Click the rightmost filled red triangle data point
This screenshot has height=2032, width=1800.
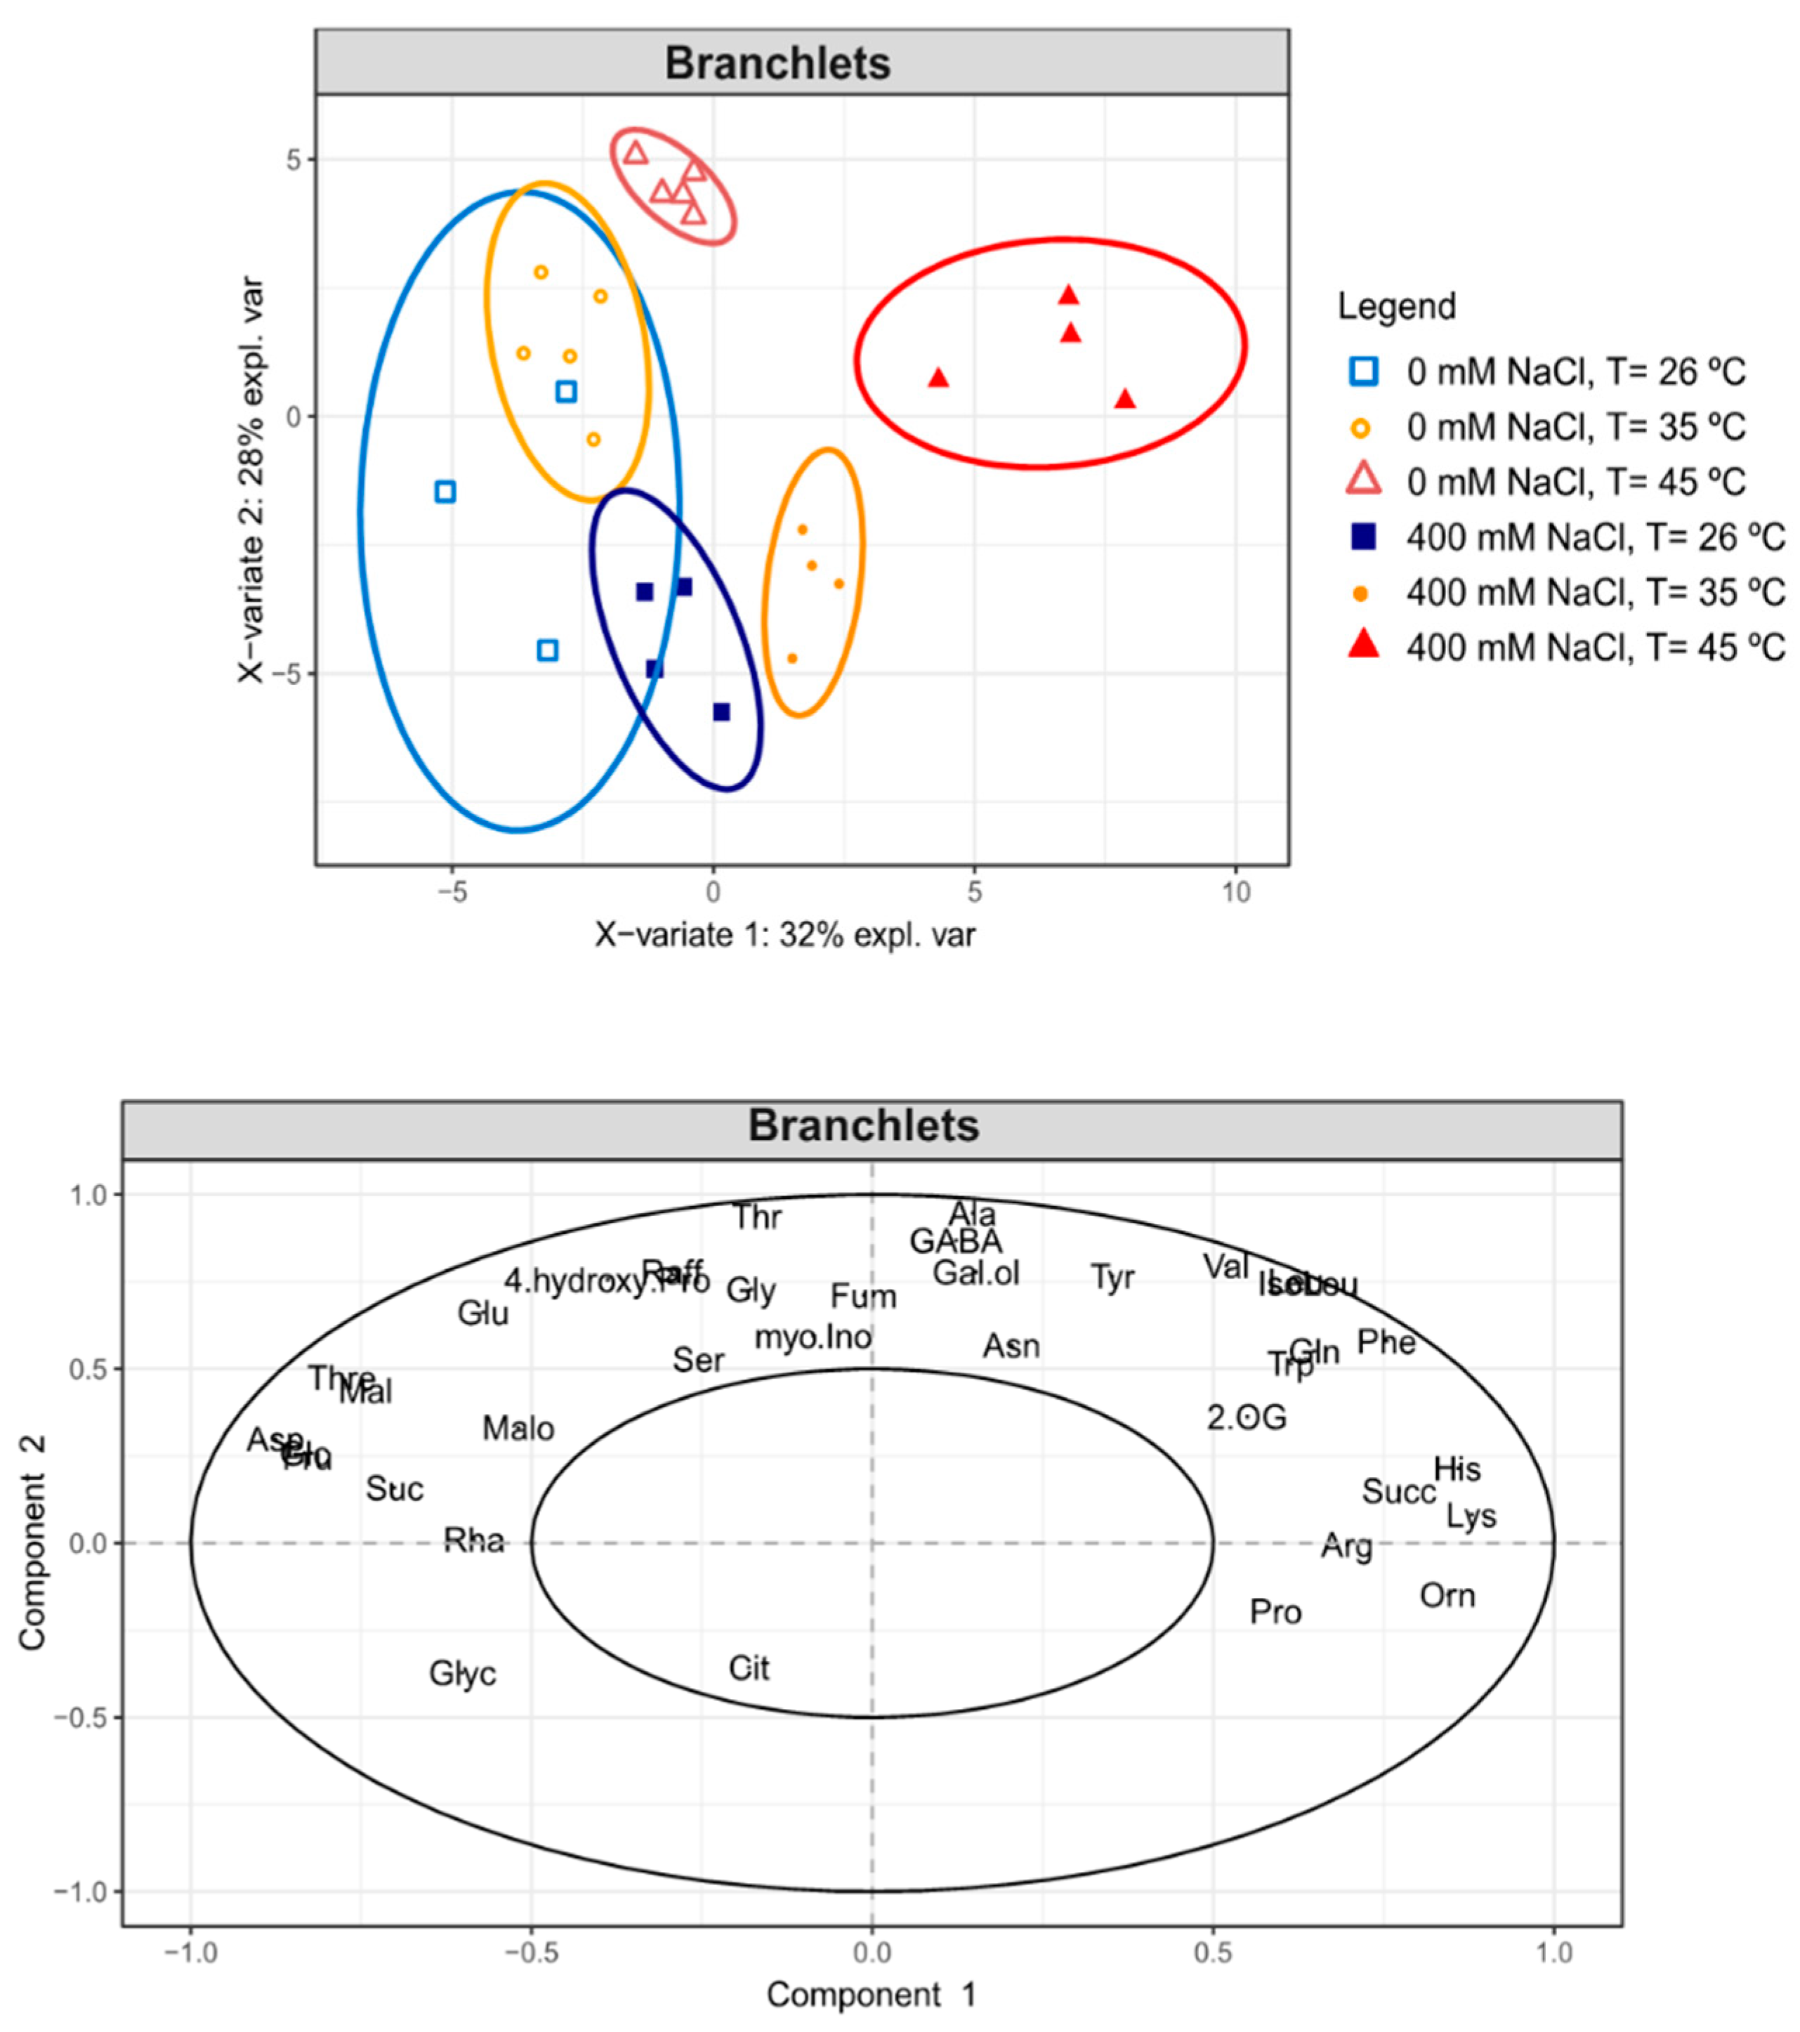1124,400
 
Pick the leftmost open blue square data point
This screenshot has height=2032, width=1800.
445,491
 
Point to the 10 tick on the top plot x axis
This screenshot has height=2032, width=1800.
1235,893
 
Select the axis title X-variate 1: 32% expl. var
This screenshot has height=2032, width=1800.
784,934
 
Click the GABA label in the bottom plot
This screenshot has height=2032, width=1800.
955,1242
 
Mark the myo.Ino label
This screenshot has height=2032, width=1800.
813,1338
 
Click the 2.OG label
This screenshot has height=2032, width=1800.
1247,1417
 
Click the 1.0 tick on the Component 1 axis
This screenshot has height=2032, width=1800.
1553,1953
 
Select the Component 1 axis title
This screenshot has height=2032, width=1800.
871,1994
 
